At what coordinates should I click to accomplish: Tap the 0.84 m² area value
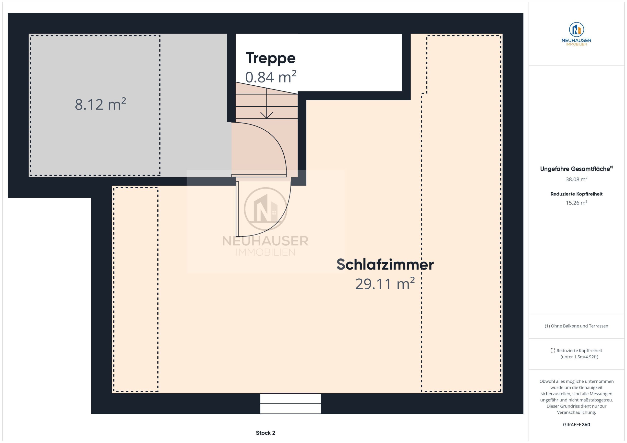(271, 77)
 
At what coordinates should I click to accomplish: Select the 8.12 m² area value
(100, 104)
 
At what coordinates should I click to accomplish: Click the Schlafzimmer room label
(385, 265)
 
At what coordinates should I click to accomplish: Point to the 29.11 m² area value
(385, 284)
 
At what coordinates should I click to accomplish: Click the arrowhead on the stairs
(266, 115)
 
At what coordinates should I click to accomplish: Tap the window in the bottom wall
(290, 403)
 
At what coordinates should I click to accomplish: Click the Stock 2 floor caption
(265, 433)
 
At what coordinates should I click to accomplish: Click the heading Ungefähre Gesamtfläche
(575, 169)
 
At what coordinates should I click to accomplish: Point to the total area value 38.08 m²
(576, 179)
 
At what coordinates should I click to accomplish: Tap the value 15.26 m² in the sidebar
(576, 203)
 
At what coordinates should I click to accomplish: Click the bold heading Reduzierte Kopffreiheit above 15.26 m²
(576, 194)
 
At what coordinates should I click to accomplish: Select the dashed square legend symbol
(553, 351)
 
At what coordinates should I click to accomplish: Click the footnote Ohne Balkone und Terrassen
(579, 326)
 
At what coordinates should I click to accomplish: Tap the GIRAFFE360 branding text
(576, 425)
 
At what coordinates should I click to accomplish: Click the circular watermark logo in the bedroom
(265, 209)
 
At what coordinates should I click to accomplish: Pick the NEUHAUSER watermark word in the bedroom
(265, 241)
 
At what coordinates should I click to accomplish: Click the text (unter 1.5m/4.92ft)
(579, 357)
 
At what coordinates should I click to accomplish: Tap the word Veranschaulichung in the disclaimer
(576, 412)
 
